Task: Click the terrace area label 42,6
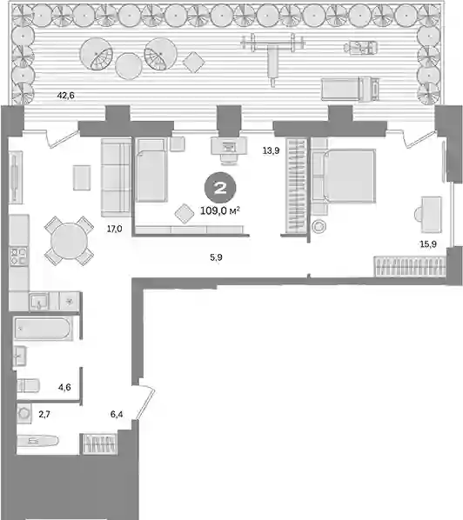pyautogui.click(x=66, y=96)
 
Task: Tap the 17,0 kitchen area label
pyautogui.click(x=115, y=229)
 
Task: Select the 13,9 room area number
pyautogui.click(x=272, y=150)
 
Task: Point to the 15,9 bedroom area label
pyautogui.click(x=428, y=244)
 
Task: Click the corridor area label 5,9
pyautogui.click(x=216, y=257)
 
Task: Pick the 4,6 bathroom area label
pyautogui.click(x=64, y=387)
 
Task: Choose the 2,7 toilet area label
pyautogui.click(x=44, y=414)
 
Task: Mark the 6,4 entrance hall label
pyautogui.click(x=117, y=414)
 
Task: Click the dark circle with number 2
pyautogui.click(x=220, y=188)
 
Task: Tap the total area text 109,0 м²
pyautogui.click(x=220, y=210)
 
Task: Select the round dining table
pyautogui.click(x=70, y=241)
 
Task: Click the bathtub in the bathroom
pyautogui.click(x=44, y=329)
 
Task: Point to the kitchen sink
pyautogui.click(x=39, y=302)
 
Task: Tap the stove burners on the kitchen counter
pyautogui.click(x=18, y=257)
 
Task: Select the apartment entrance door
pyautogui.click(x=145, y=402)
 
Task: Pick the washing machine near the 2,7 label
pyautogui.click(x=24, y=414)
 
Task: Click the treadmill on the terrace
pyautogui.click(x=350, y=89)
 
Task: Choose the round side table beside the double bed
pyautogui.click(x=319, y=227)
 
